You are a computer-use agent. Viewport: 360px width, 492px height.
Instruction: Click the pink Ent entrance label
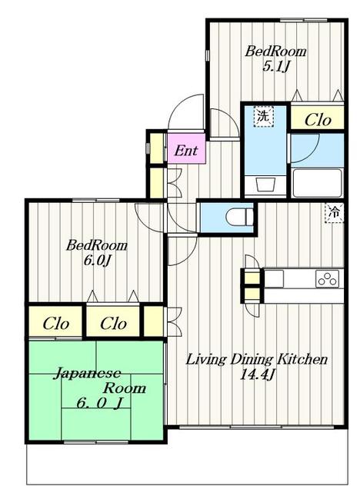click(186, 151)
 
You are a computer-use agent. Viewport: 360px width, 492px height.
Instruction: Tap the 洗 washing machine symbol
click(264, 117)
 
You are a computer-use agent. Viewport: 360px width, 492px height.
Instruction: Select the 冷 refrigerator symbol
click(335, 213)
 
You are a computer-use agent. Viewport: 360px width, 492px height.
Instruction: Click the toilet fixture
click(239, 216)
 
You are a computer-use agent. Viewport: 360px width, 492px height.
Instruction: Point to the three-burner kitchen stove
click(328, 278)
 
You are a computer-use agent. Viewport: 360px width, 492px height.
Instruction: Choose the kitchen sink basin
click(275, 278)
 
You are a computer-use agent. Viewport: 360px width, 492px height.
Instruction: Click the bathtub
click(317, 183)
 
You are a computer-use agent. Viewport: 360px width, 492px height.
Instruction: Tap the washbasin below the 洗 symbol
click(265, 184)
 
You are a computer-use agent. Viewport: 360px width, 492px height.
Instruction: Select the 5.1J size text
click(275, 67)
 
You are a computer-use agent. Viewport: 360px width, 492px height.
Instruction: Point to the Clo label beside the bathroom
click(318, 120)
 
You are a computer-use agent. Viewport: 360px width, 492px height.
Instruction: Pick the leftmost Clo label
click(56, 324)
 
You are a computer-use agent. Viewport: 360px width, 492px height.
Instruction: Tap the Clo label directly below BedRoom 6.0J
click(113, 324)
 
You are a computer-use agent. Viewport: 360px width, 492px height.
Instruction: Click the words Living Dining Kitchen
click(257, 359)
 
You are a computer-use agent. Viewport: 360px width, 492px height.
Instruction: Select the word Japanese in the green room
click(87, 374)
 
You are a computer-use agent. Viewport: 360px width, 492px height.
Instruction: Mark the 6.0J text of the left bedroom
click(97, 261)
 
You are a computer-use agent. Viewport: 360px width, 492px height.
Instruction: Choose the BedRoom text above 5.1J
click(275, 52)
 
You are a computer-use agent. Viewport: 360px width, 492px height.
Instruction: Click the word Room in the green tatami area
click(125, 388)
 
